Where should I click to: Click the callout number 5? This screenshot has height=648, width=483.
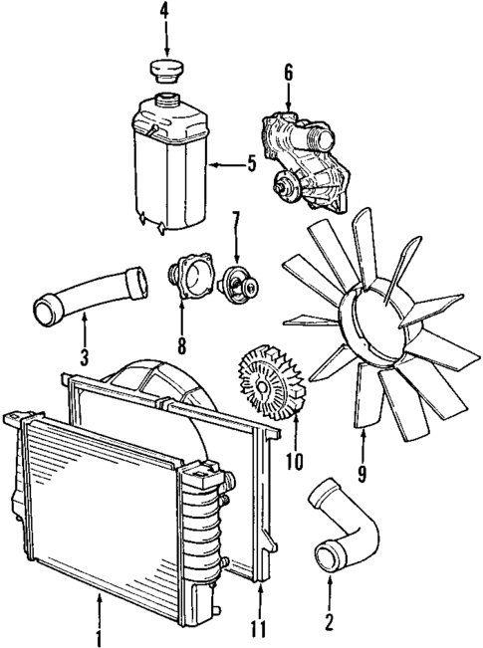pos(252,163)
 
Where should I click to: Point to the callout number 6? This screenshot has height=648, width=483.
pos(289,72)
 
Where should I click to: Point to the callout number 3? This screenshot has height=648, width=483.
pos(85,354)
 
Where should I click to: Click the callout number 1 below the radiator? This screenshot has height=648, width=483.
pos(99,634)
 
